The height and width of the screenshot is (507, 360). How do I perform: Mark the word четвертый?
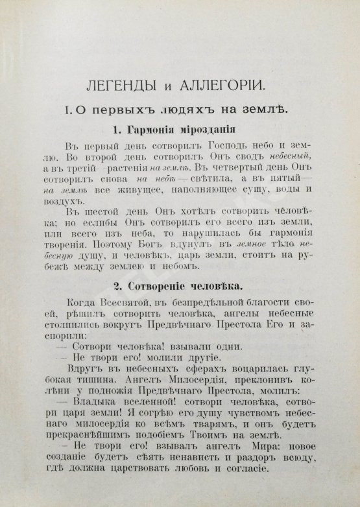[x=204, y=171]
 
